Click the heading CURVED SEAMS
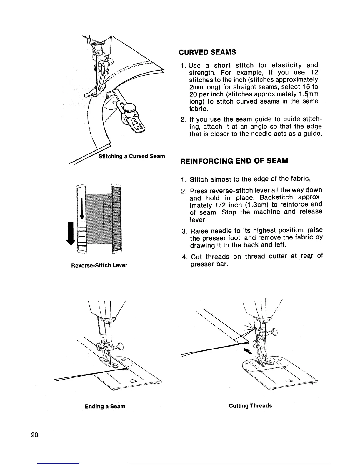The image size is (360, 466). (x=207, y=52)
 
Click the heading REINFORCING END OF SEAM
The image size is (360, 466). (x=233, y=161)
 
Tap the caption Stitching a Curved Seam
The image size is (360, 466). (x=131, y=156)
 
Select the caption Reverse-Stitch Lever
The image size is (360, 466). (x=99, y=265)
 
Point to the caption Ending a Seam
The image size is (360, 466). (x=105, y=406)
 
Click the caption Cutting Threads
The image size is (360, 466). (x=250, y=406)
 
